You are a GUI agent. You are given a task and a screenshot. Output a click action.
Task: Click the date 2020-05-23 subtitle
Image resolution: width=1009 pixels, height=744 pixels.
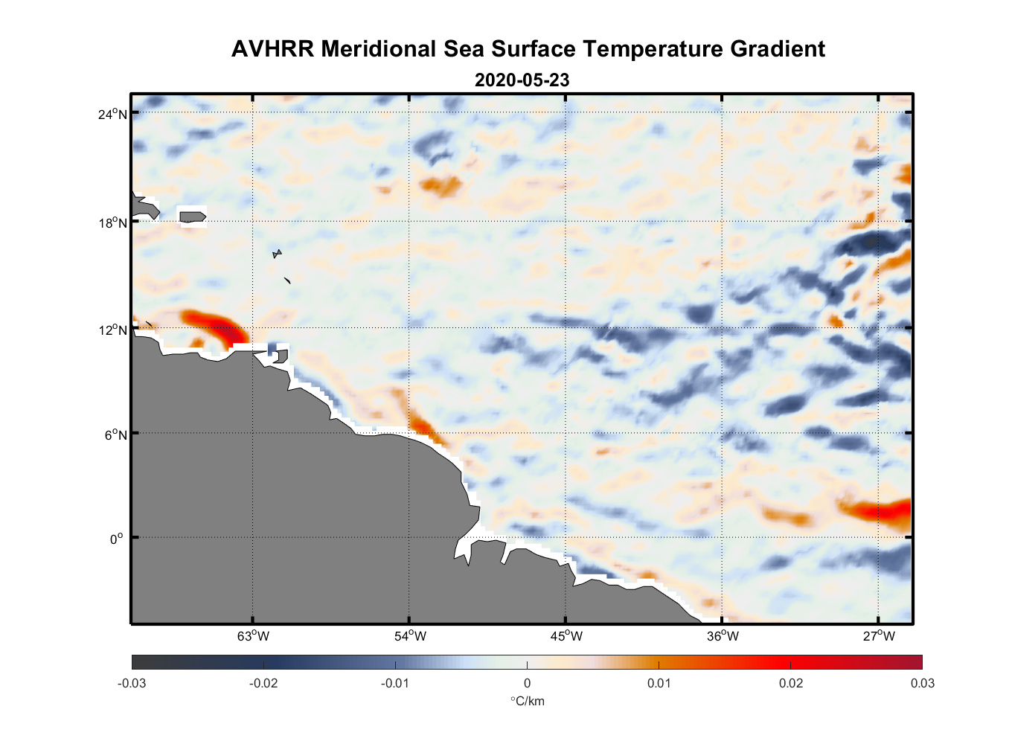[522, 80]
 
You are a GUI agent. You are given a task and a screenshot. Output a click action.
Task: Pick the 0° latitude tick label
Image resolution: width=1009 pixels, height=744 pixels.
[117, 539]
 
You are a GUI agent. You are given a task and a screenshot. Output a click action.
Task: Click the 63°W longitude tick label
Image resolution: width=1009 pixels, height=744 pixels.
[253, 636]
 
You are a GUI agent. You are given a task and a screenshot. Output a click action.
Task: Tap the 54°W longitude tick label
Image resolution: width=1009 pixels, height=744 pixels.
[410, 636]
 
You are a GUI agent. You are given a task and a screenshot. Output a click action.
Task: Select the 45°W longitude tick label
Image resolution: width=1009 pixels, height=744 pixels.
[566, 636]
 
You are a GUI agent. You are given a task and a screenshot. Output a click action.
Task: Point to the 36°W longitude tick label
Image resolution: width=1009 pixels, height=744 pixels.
[723, 636]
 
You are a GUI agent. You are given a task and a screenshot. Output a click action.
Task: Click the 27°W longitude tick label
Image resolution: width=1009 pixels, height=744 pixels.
[879, 636]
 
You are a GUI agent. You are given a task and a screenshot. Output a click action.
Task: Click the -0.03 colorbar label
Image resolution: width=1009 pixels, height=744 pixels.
[132, 684]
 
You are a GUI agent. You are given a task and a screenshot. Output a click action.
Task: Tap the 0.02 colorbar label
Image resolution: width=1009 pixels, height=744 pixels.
[791, 684]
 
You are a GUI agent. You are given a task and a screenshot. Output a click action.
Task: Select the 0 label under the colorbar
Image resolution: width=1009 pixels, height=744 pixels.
[527, 684]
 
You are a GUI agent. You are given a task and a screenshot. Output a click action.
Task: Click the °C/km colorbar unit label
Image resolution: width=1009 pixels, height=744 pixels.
[527, 701]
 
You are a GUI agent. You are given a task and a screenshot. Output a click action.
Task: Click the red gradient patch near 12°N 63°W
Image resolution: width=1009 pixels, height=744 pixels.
[216, 326]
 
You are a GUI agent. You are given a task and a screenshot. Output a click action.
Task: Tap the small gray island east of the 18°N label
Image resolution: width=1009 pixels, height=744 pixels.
[192, 217]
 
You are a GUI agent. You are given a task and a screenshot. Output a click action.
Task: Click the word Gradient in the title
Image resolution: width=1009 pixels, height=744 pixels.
[778, 49]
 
